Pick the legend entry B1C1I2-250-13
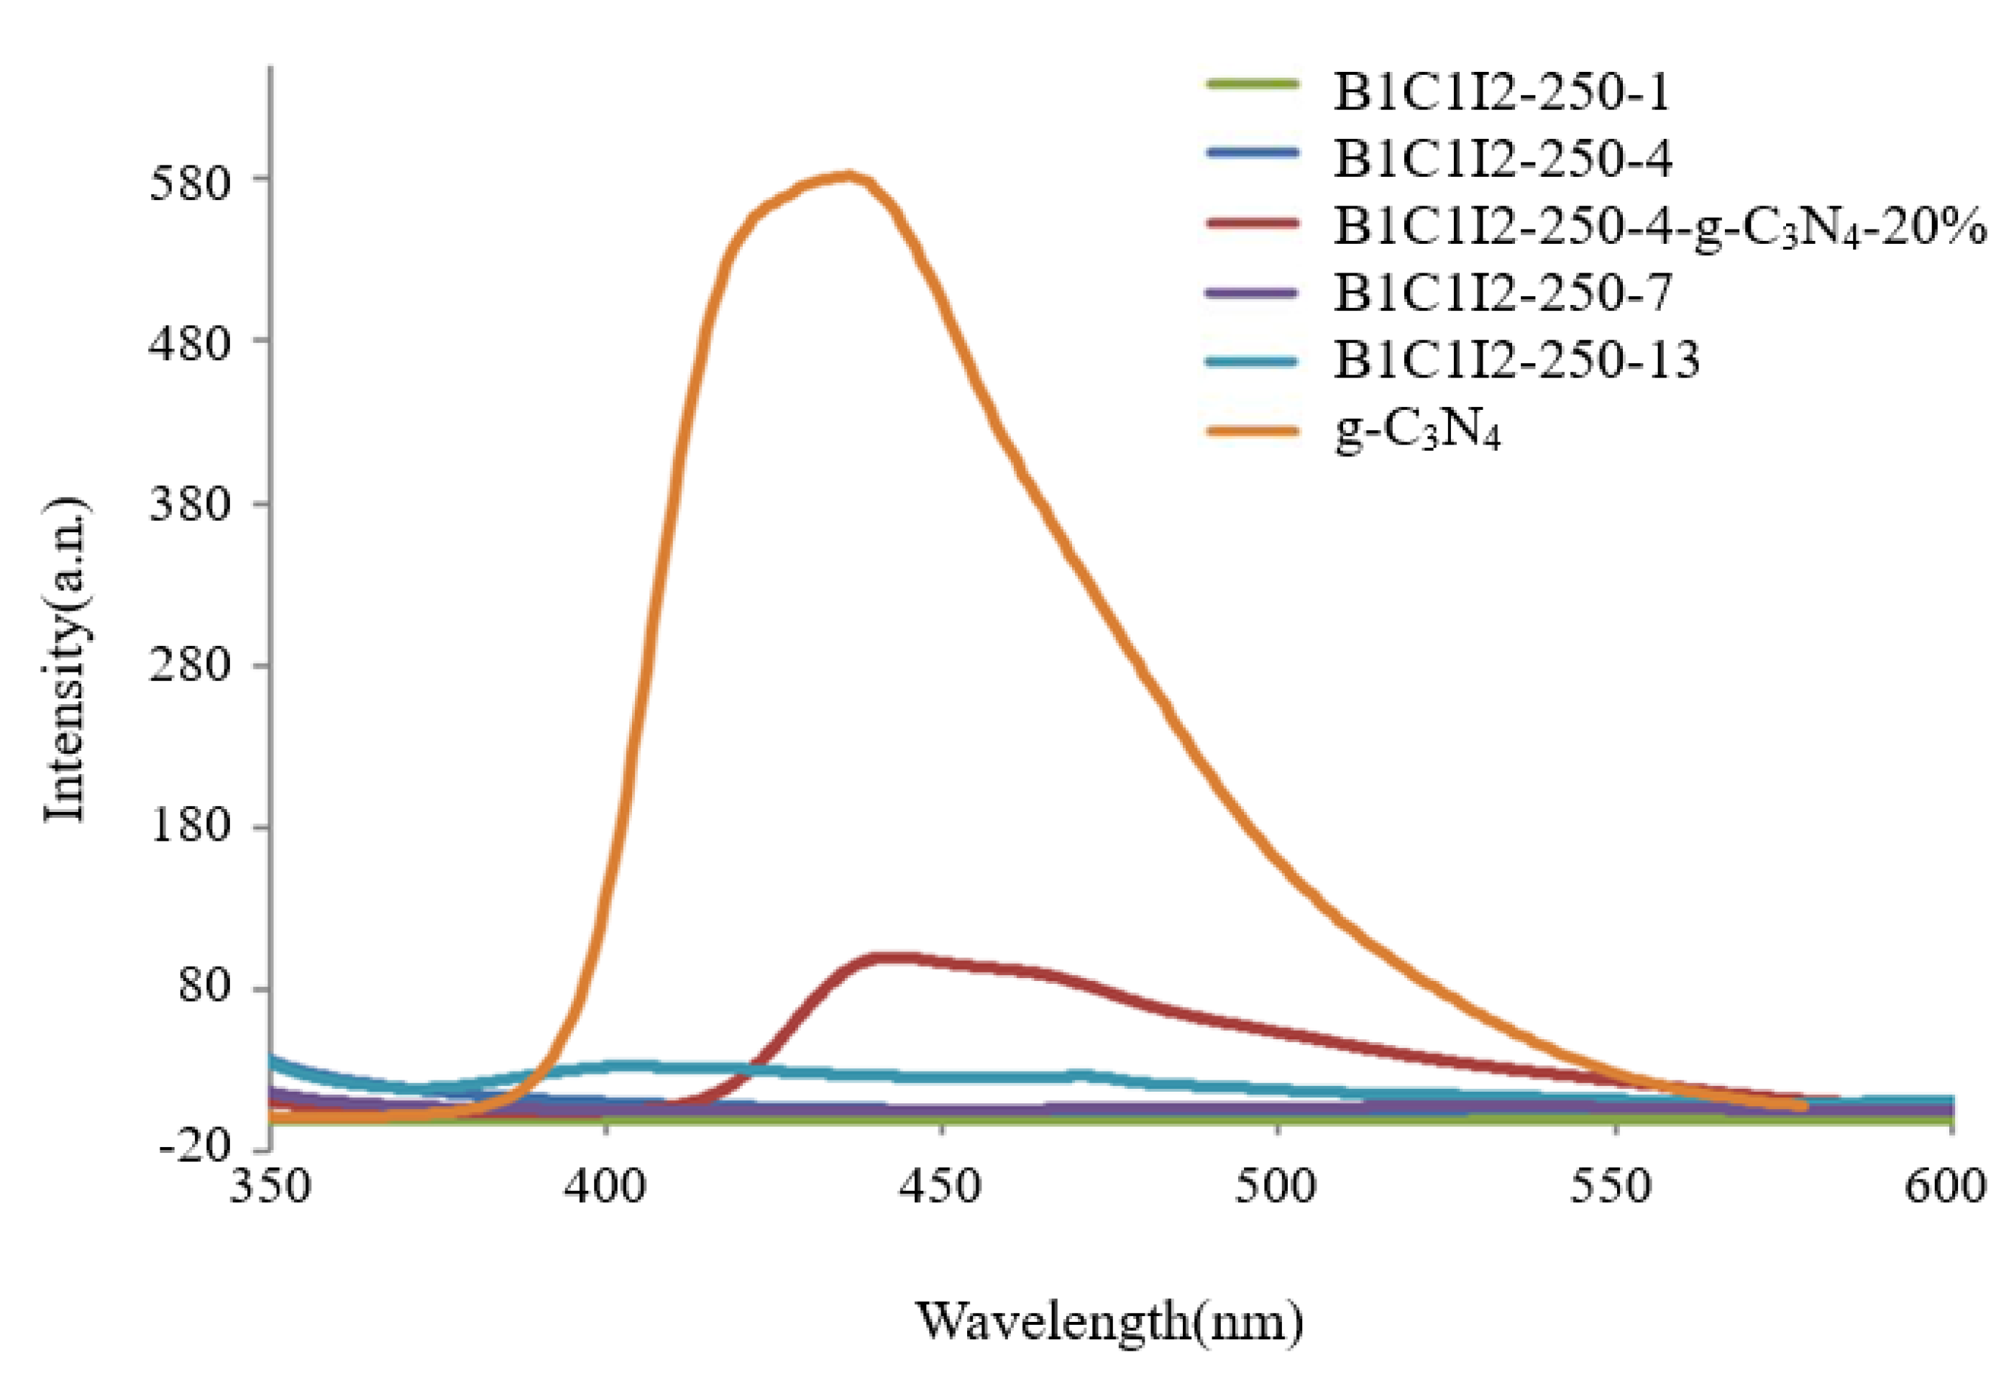[x=1516, y=359]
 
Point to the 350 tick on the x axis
[x=270, y=1187]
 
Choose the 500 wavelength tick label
[x=1278, y=1187]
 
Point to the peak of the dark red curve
[x=888, y=958]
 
